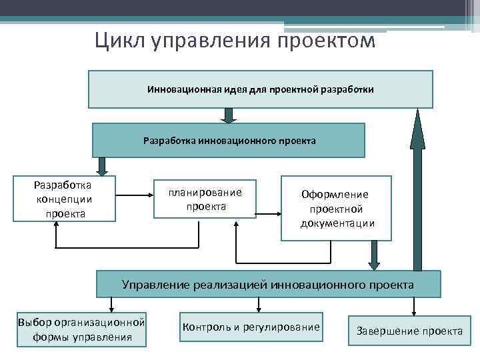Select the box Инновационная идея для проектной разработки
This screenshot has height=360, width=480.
tap(261, 89)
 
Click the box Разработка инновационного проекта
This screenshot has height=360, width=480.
tap(229, 140)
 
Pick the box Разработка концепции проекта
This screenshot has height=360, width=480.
tap(65, 197)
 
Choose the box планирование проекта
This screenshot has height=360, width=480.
tap(205, 199)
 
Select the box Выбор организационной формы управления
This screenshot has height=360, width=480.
tap(82, 329)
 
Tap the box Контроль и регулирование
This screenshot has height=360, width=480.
tap(251, 327)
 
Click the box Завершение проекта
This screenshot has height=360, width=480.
tap(409, 330)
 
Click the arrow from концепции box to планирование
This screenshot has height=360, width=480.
tap(135, 195)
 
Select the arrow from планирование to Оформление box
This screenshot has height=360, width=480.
tap(268, 214)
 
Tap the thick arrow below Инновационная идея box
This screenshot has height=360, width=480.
tap(229, 115)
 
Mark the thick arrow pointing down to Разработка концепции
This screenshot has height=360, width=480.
tap(103, 165)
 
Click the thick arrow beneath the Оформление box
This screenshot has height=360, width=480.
tap(374, 255)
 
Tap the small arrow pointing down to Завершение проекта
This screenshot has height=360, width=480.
tap(414, 307)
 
